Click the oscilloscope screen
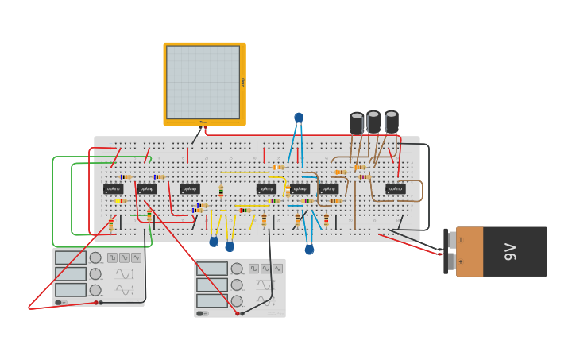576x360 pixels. pyautogui.click(x=203, y=82)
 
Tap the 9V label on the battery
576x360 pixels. pyautogui.click(x=511, y=251)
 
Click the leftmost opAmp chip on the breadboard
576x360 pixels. pyautogui.click(x=113, y=189)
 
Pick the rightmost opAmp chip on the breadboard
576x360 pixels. pyautogui.click(x=395, y=189)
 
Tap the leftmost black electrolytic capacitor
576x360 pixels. pyautogui.click(x=357, y=122)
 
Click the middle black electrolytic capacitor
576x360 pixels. pyautogui.click(x=373, y=121)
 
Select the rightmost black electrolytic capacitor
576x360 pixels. pyautogui.click(x=392, y=121)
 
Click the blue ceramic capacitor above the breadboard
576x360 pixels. pyautogui.click(x=299, y=118)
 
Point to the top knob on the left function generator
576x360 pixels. pyautogui.click(x=95, y=257)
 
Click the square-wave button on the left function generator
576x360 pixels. pyautogui.click(x=112, y=257)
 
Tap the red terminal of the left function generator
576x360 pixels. pyautogui.click(x=96, y=302)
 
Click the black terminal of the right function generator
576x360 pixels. pyautogui.click(x=242, y=313)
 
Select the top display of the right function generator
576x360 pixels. pyautogui.click(x=212, y=269)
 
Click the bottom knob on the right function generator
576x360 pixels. pyautogui.click(x=237, y=301)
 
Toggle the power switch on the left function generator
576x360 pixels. pyautogui.click(x=59, y=303)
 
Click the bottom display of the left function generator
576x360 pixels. pyautogui.click(x=71, y=290)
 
